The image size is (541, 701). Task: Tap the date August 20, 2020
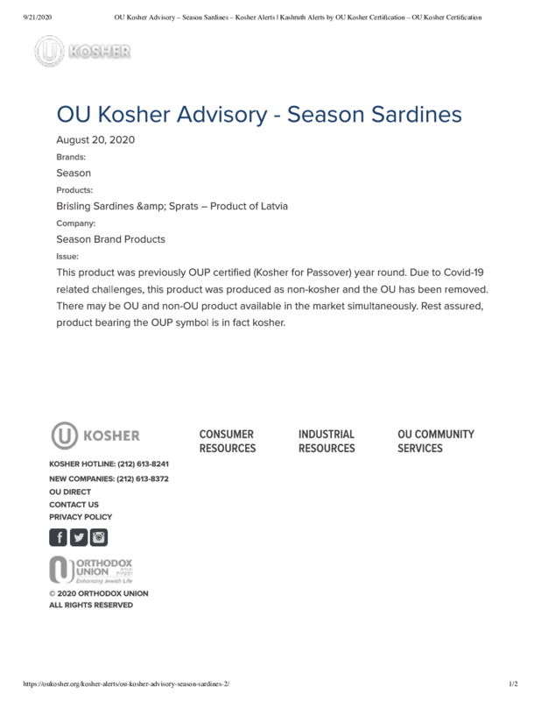click(95, 140)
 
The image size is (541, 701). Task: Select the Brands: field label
click(71, 157)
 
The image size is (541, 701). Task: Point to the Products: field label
click(74, 190)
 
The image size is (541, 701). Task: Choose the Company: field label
click(76, 223)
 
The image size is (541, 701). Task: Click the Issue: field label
click(67, 256)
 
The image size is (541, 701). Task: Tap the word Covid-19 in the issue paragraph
click(459, 273)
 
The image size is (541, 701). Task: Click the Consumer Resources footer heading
click(228, 441)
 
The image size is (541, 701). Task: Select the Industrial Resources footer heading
click(327, 441)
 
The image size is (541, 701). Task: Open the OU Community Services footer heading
click(436, 441)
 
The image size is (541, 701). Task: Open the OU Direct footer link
click(70, 492)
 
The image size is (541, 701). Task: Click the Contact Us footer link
click(74, 505)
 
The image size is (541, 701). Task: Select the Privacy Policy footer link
click(81, 517)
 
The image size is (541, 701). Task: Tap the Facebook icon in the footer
click(59, 537)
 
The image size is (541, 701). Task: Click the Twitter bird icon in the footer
click(79, 537)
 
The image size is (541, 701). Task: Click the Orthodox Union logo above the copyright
click(91, 570)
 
